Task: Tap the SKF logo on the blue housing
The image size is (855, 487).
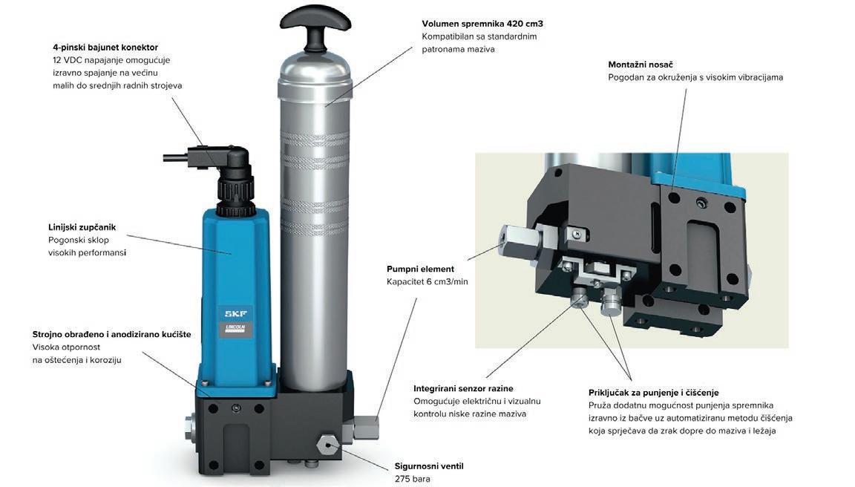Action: click(235, 313)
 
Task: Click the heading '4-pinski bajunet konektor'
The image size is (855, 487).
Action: click(105, 48)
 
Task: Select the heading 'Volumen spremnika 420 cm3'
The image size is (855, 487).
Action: click(482, 24)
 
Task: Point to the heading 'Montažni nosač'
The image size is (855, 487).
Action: click(641, 65)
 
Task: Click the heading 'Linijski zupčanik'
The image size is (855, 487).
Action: click(82, 227)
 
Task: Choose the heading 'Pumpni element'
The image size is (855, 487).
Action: click(420, 269)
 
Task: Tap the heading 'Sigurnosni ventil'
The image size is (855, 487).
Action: click(428, 466)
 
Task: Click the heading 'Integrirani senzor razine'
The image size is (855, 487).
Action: click(463, 389)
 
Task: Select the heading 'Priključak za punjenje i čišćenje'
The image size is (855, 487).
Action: click(653, 393)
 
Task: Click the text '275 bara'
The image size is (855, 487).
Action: click(412, 479)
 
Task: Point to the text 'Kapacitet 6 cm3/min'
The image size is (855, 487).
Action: click(427, 282)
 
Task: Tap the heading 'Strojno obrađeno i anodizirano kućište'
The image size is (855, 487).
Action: click(111, 334)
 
